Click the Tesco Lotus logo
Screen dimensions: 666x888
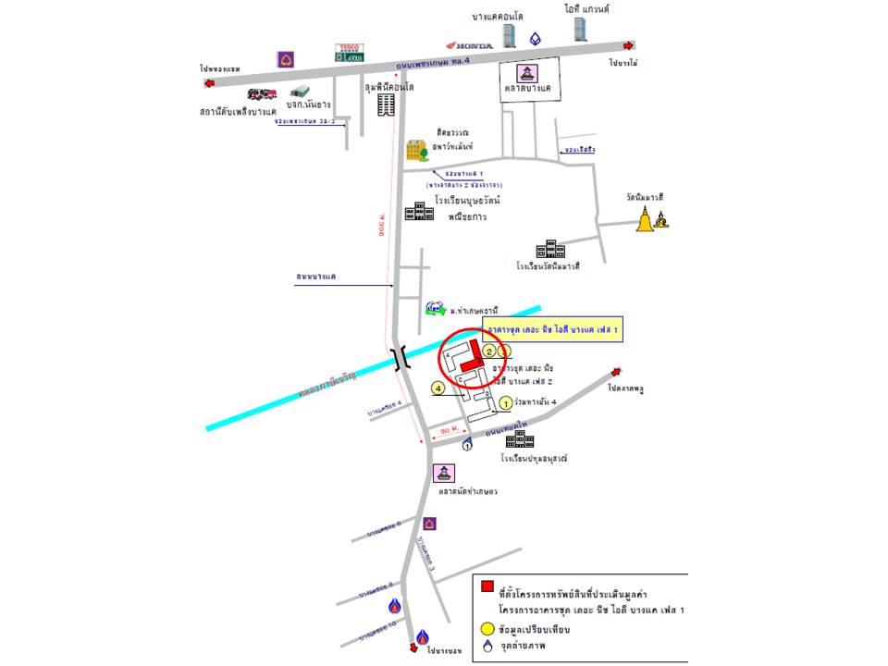point(350,52)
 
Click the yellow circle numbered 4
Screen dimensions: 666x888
point(438,389)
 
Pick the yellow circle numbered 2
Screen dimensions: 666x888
point(489,350)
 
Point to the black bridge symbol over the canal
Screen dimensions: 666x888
point(401,358)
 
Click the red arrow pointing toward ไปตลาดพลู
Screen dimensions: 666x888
point(612,373)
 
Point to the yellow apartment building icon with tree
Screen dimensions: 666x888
point(417,148)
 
